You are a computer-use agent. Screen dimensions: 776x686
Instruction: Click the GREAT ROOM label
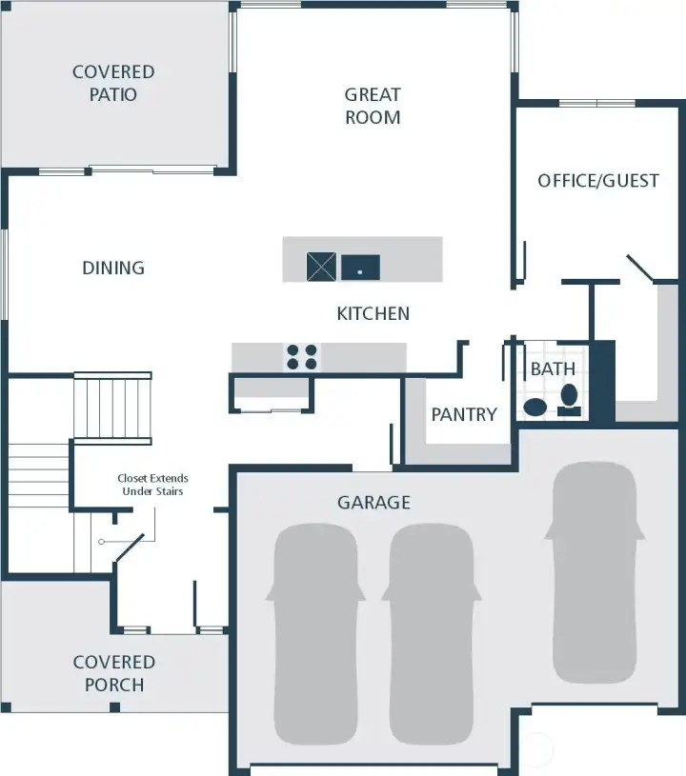tap(373, 106)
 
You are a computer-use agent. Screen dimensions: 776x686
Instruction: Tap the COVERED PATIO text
tap(113, 83)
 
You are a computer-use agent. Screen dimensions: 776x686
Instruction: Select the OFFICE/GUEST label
tap(598, 180)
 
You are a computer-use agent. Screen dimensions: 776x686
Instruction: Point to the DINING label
tap(113, 268)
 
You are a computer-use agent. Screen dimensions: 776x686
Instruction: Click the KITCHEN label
tap(373, 313)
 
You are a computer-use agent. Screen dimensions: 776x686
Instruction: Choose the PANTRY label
tap(464, 414)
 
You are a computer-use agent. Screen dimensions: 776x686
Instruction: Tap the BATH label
tap(553, 368)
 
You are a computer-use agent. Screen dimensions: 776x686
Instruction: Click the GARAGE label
tap(373, 502)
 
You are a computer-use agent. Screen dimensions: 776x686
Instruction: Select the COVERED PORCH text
tap(113, 673)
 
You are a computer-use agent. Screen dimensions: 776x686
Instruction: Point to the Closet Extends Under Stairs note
tap(152, 485)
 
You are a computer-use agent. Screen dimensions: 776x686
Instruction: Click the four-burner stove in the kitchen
tap(302, 357)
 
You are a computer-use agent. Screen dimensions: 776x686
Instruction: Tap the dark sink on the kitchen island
tap(360, 268)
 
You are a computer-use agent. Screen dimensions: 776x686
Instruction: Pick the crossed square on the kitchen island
tap(321, 267)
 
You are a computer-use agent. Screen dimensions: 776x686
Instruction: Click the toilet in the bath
tap(570, 400)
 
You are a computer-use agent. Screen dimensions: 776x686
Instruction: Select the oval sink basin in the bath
tap(535, 408)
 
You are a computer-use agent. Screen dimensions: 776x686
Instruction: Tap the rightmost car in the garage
tap(593, 571)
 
